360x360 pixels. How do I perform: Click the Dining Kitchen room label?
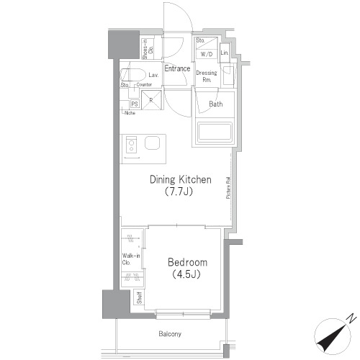pos(180,179)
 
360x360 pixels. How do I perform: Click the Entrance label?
pos(177,69)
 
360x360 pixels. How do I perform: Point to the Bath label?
pos(215,104)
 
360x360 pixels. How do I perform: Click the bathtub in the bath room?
pos(214,132)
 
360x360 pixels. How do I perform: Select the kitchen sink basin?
pos(153,143)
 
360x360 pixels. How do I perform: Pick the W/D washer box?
pos(206,54)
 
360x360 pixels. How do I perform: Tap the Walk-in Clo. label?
pos(130,258)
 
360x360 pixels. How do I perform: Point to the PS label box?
pos(134,103)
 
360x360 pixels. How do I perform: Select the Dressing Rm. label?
pos(207,76)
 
